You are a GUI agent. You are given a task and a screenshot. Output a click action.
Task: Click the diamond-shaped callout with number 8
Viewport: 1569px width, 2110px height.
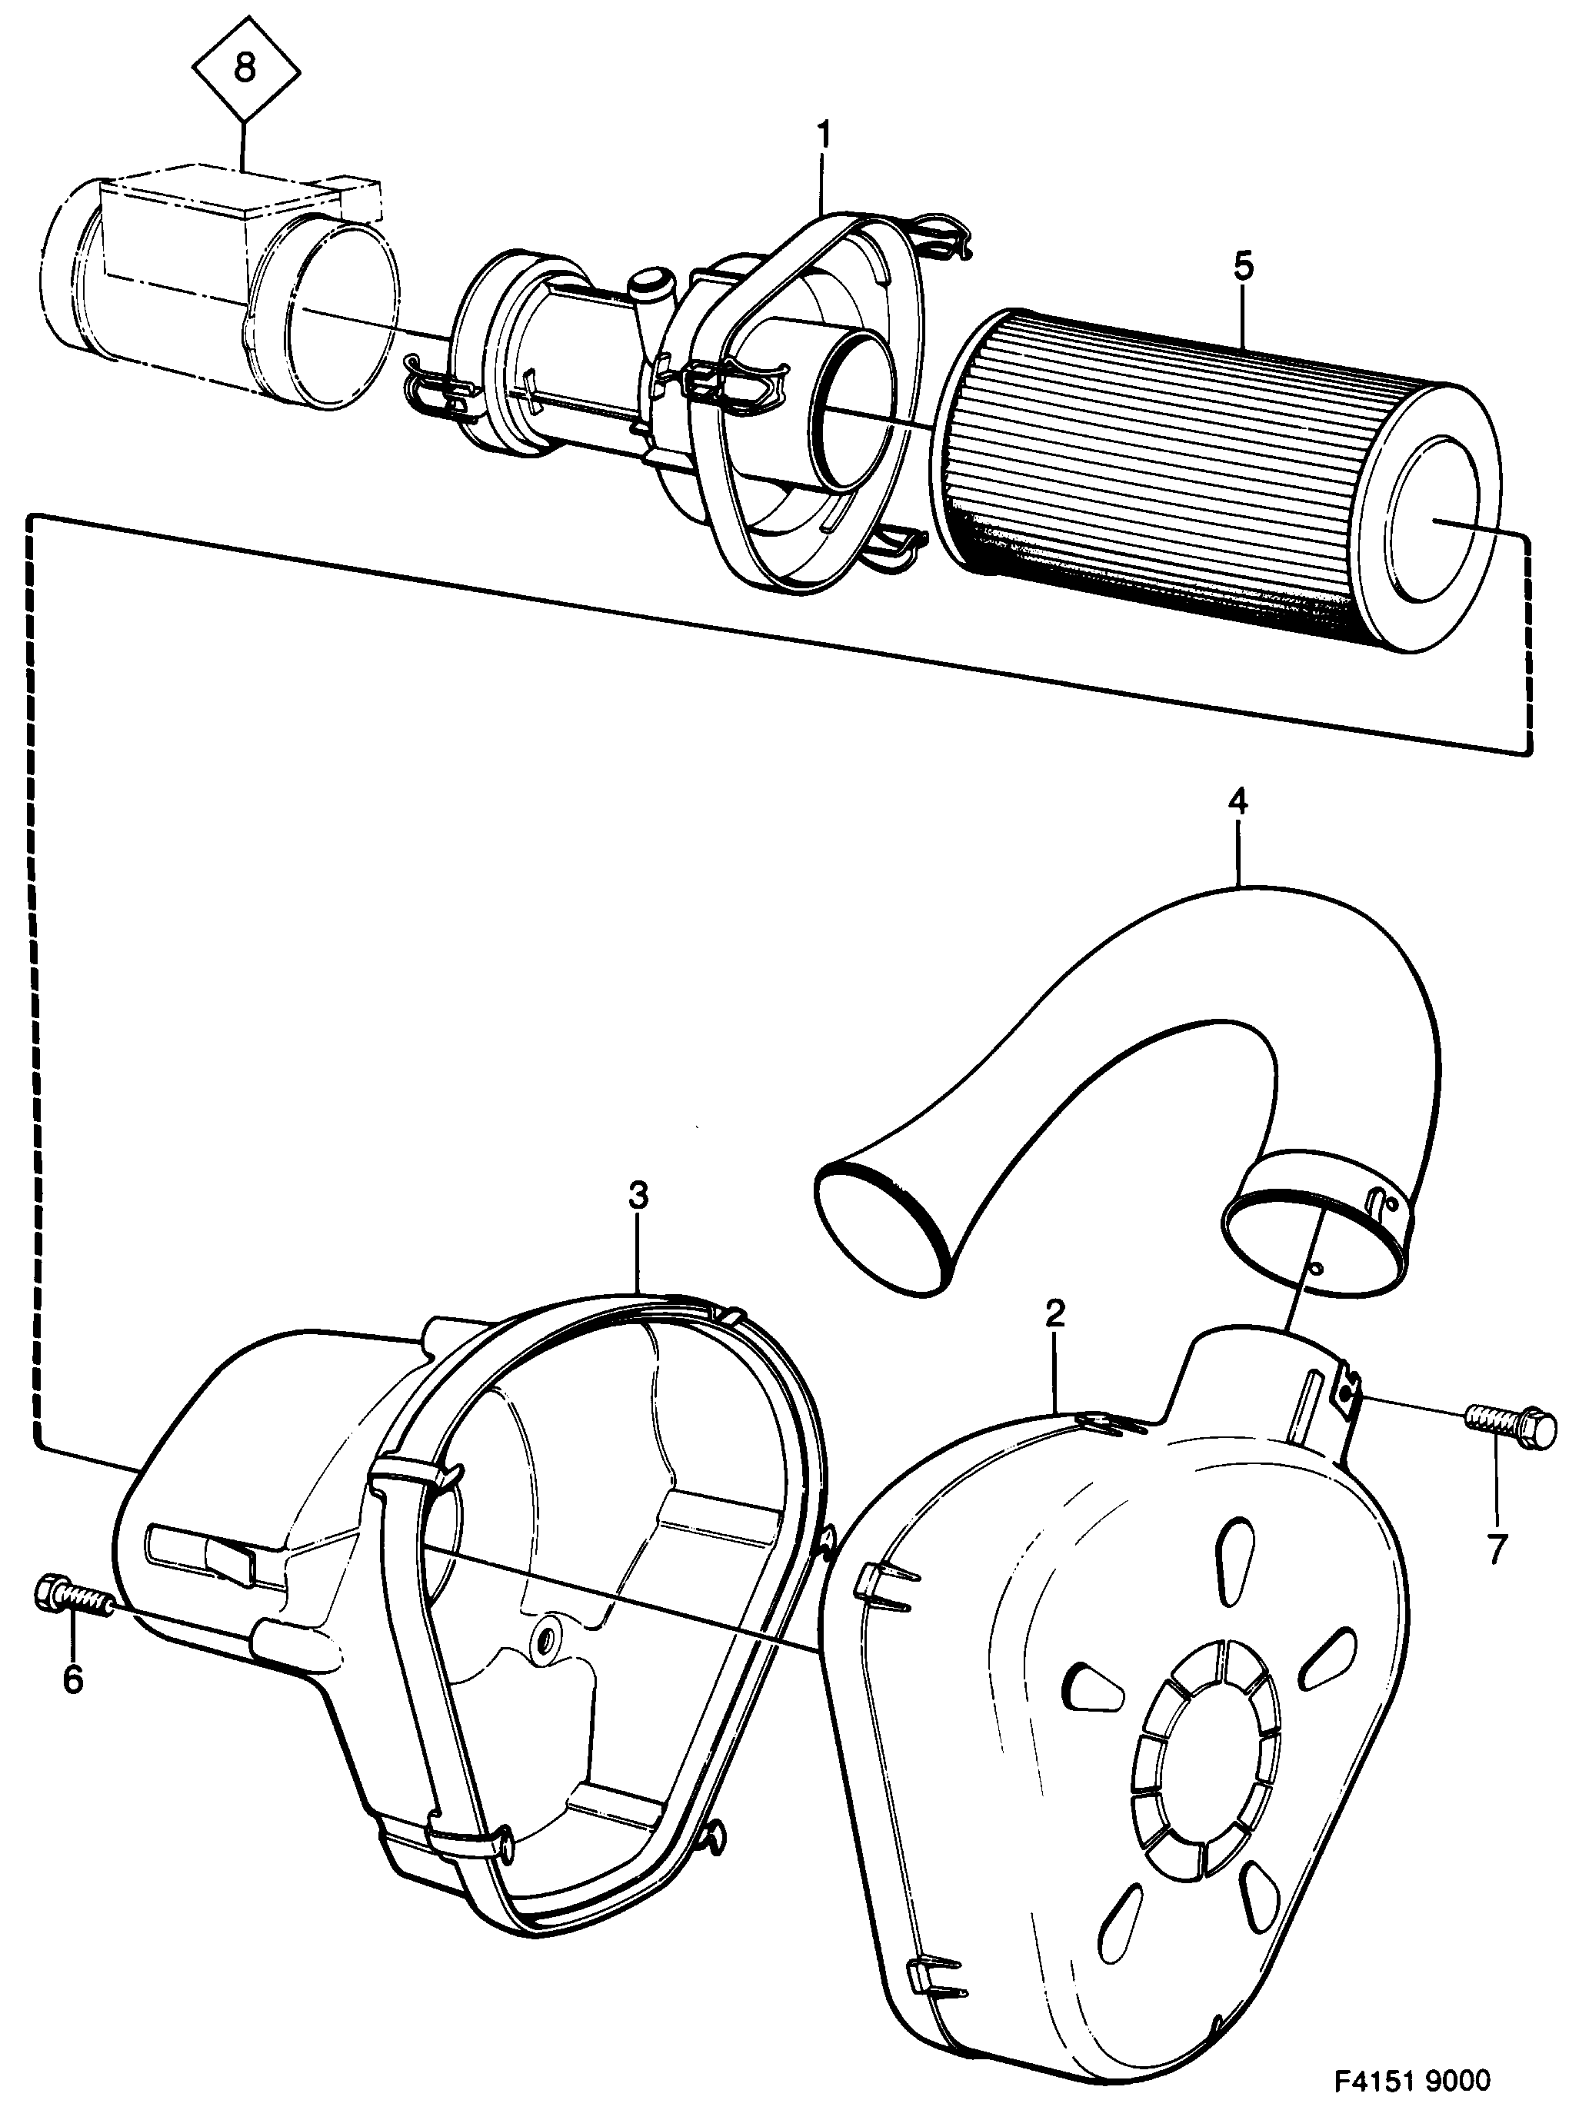245,69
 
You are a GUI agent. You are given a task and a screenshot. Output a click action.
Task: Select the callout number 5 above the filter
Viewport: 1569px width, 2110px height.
1244,266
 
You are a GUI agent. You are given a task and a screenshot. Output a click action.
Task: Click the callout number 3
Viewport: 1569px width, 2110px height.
638,1196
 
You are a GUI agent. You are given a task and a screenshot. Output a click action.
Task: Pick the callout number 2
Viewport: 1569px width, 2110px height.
1055,1314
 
